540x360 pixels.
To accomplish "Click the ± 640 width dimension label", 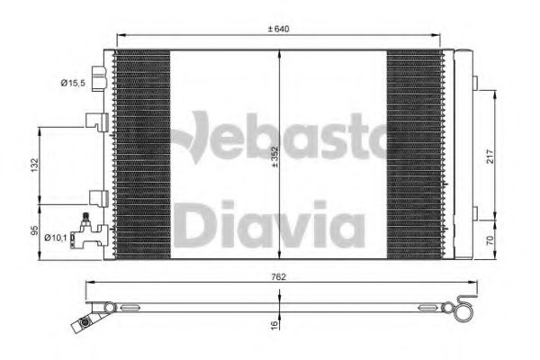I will tap(279, 29).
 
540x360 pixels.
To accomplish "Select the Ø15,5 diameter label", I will tap(73, 83).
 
